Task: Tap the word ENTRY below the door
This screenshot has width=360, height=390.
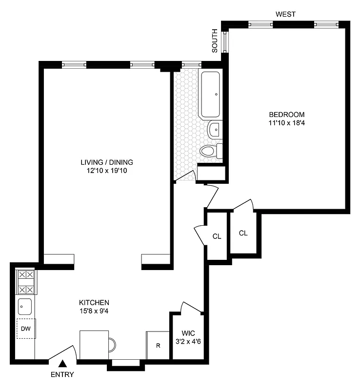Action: (62, 375)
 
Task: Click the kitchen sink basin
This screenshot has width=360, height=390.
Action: (25, 307)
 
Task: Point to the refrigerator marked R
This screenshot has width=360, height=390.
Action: (158, 346)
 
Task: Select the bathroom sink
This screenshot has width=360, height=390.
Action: (214, 130)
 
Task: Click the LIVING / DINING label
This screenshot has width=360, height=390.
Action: (107, 162)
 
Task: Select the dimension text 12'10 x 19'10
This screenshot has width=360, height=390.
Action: (107, 171)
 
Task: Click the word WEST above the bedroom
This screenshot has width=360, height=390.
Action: (285, 15)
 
